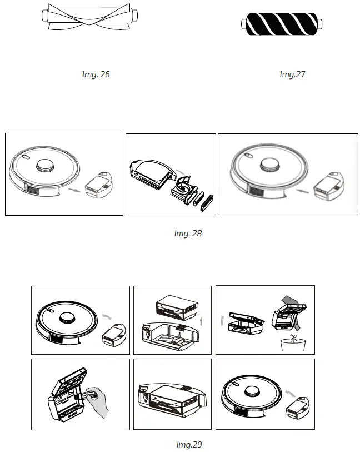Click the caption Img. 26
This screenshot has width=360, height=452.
click(x=96, y=74)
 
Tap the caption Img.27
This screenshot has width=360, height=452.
click(x=292, y=74)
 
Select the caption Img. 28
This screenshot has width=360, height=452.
click(x=188, y=234)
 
